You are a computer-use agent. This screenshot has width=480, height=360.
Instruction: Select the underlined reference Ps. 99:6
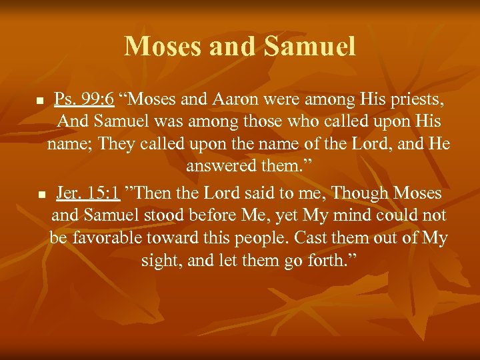pos(84,101)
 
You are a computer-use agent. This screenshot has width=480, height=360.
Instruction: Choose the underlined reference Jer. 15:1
pos(88,193)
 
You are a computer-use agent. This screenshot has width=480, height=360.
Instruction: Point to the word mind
pos(347,216)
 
